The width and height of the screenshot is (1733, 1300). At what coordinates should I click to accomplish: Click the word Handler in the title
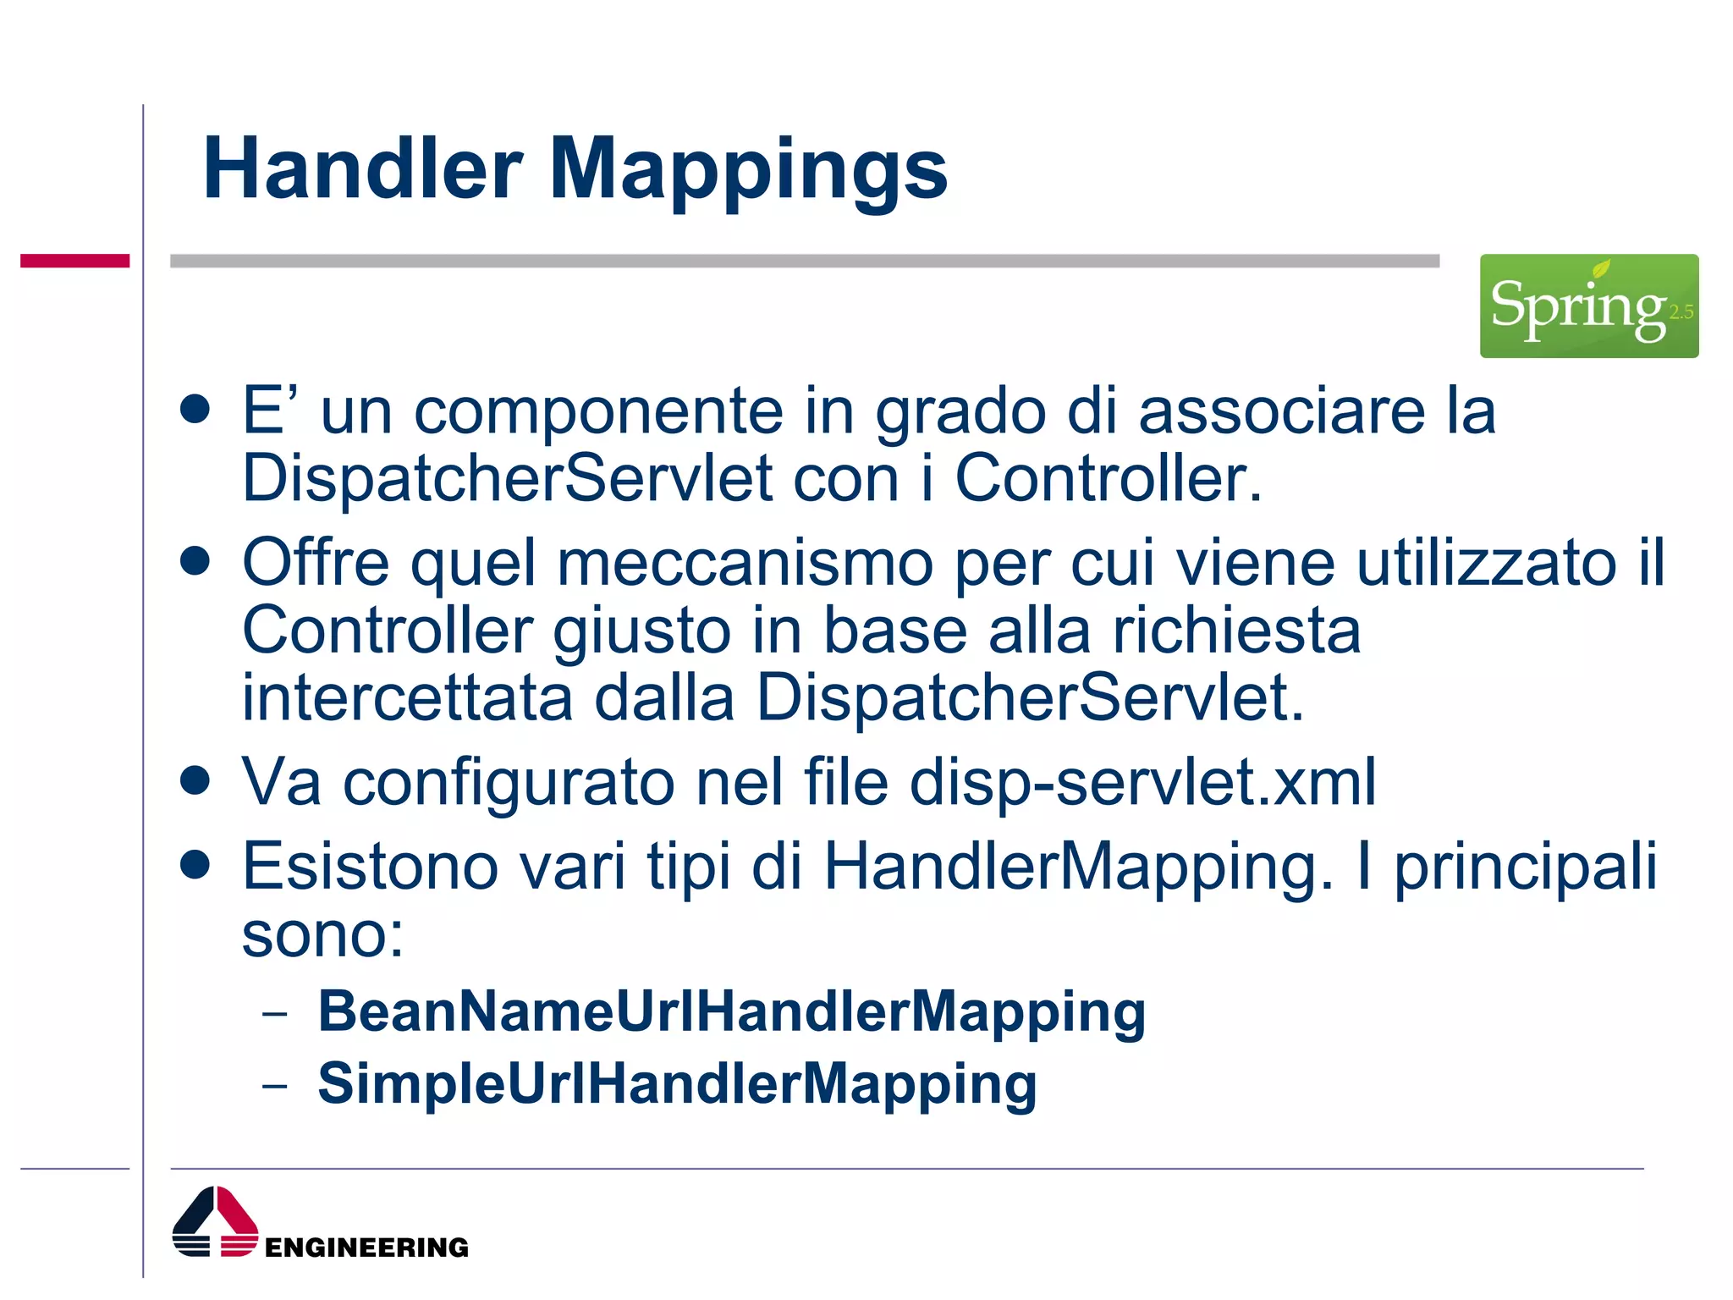(363, 169)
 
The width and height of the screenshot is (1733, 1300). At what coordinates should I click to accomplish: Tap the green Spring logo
(1588, 306)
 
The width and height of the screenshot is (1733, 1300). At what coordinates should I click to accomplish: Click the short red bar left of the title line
(74, 261)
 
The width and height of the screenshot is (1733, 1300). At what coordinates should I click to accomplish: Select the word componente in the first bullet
(598, 412)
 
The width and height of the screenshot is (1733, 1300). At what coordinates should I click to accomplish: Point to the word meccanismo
(745, 564)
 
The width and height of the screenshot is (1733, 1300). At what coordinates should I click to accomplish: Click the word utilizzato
(1486, 564)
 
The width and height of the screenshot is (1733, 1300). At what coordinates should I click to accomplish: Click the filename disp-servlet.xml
(1142, 782)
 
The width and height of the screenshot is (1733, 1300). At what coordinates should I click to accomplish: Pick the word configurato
(509, 784)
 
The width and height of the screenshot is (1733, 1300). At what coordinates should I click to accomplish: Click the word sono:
(322, 936)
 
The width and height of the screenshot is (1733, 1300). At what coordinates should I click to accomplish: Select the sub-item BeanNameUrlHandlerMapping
(731, 1013)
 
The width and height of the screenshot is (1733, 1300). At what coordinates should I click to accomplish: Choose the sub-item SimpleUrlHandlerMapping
(677, 1085)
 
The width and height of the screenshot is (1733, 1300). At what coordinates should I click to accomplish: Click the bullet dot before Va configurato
(195, 781)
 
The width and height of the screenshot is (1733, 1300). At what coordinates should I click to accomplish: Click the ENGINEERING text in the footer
(366, 1248)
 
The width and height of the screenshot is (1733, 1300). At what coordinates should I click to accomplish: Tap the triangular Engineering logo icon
(215, 1222)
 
